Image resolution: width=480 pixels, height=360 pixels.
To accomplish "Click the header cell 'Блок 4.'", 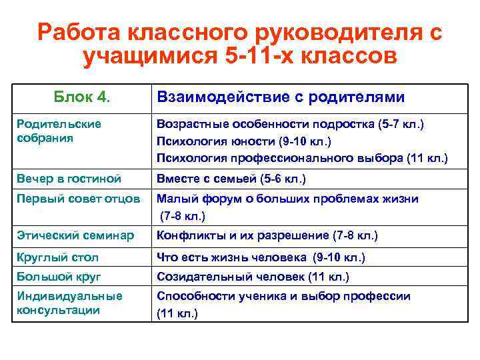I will pyautogui.click(x=81, y=97).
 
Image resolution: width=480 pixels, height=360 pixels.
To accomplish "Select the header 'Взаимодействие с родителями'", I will pyautogui.click(x=280, y=97).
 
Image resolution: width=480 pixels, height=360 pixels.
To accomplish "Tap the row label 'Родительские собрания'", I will pyautogui.click(x=59, y=131).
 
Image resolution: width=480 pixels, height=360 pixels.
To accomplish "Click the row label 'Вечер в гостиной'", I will pyautogui.click(x=69, y=179).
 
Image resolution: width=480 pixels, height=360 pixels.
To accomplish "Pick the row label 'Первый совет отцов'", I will pyautogui.click(x=78, y=199).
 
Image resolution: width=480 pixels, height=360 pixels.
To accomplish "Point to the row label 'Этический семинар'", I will pyautogui.click(x=75, y=235).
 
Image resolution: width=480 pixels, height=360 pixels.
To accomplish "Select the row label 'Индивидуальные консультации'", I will pyautogui.click(x=69, y=303).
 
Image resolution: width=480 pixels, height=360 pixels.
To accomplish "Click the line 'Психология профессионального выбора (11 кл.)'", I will pyautogui.click(x=302, y=158).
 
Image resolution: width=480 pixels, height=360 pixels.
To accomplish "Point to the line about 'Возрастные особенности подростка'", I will pyautogui.click(x=289, y=125).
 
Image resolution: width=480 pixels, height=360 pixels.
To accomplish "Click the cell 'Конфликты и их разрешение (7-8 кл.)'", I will pyautogui.click(x=267, y=235).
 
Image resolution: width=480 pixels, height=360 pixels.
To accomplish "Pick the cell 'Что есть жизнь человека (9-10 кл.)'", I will pyautogui.click(x=261, y=257).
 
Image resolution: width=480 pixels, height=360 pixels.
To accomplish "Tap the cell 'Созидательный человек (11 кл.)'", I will pyautogui.click(x=253, y=276).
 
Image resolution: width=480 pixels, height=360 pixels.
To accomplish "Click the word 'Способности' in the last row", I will pyautogui.click(x=189, y=296).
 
